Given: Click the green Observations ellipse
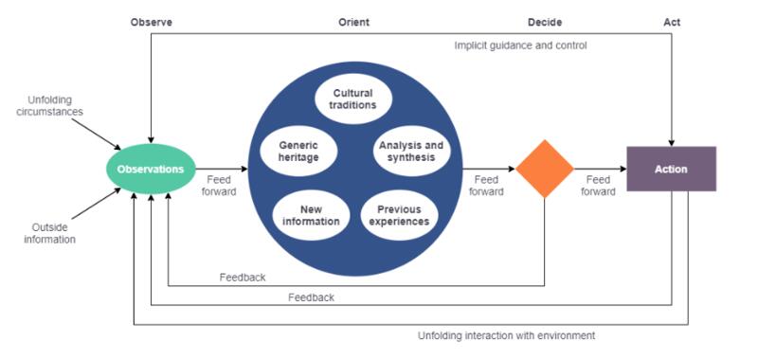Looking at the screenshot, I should click(x=150, y=170).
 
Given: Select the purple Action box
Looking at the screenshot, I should click(x=671, y=170).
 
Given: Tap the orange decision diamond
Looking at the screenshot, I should click(x=545, y=170).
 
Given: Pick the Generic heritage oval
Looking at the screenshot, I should click(x=293, y=152).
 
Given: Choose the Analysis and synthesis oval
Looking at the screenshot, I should click(x=406, y=151).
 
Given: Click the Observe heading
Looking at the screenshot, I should click(x=151, y=22).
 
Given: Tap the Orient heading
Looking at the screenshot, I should click(x=353, y=22).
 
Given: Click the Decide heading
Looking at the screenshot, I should click(x=545, y=22).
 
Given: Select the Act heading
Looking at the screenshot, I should click(x=672, y=22).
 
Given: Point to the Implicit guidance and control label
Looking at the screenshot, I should click(x=520, y=45).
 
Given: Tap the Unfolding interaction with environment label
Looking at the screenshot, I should click(x=506, y=335).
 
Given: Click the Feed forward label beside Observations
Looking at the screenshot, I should click(x=219, y=185).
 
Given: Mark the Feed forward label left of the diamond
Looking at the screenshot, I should click(x=486, y=185).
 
